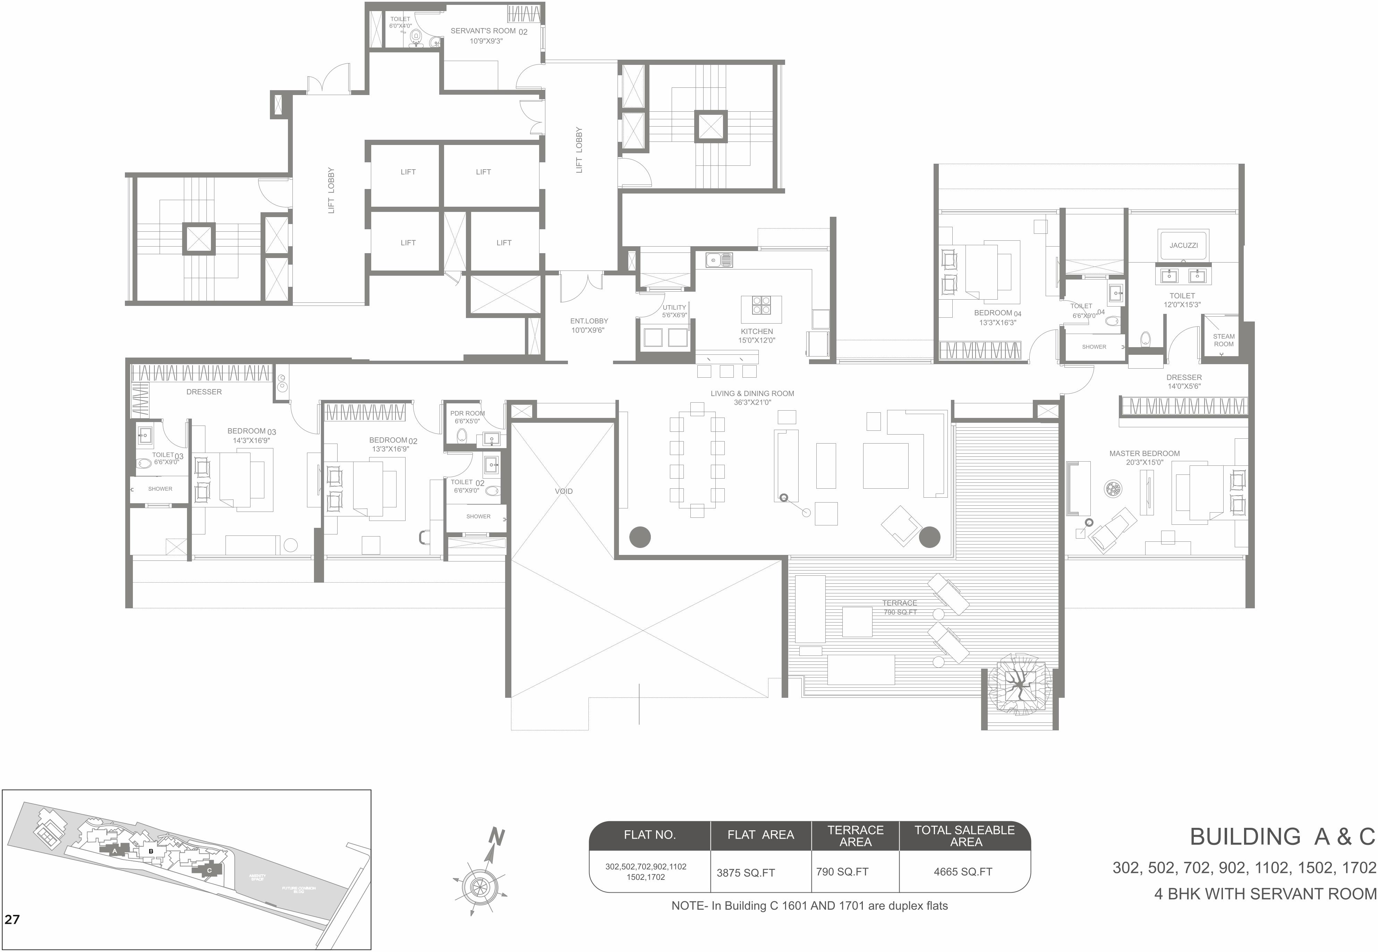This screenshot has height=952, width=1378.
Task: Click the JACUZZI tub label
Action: [x=1183, y=245]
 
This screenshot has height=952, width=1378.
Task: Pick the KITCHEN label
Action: [x=756, y=332]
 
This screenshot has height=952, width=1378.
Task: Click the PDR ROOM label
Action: [x=467, y=413]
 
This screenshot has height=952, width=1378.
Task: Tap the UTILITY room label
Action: [x=674, y=308]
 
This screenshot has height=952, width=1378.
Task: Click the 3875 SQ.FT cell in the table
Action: [x=745, y=873]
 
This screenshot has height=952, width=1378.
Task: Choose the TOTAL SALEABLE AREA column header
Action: [x=964, y=836]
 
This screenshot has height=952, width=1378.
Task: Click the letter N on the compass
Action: [x=496, y=838]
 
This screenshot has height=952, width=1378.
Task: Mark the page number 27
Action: [x=12, y=919]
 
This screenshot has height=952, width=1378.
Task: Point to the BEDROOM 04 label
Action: [x=997, y=313]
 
